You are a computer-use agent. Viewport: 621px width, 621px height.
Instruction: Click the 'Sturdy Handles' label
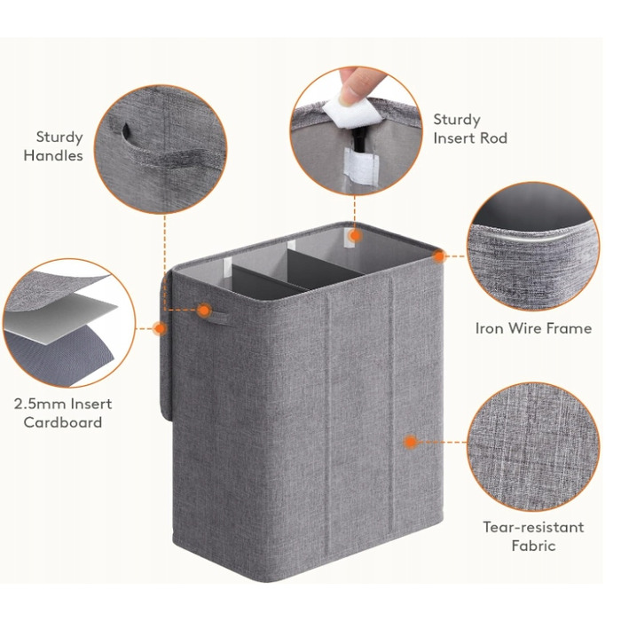click(x=53, y=146)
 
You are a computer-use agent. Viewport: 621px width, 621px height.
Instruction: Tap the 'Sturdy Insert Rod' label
click(x=470, y=129)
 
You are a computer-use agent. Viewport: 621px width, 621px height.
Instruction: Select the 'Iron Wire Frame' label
click(x=533, y=328)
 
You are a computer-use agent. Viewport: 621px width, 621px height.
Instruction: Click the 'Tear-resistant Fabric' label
click(x=533, y=536)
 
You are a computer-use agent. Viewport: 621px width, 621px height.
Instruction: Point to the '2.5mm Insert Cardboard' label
click(x=63, y=413)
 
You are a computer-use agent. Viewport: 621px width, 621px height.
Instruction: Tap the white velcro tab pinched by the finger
click(x=351, y=111)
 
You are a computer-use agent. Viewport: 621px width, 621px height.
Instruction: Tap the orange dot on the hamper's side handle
click(x=204, y=310)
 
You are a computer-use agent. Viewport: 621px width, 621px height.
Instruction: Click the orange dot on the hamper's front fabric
click(x=411, y=442)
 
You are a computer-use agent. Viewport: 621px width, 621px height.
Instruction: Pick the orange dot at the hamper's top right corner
click(x=439, y=256)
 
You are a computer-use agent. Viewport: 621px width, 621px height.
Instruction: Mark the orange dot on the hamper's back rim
click(x=356, y=236)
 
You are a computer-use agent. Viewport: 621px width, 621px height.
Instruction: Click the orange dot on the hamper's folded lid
click(x=160, y=328)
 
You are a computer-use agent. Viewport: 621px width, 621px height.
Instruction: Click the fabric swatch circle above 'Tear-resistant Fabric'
click(x=533, y=446)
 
